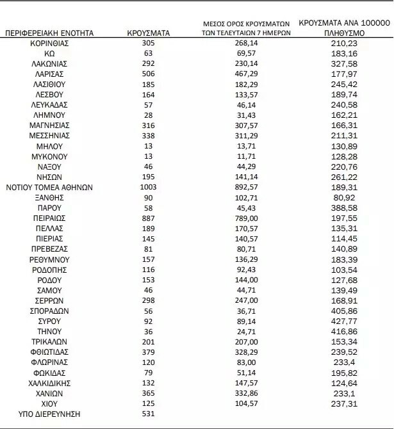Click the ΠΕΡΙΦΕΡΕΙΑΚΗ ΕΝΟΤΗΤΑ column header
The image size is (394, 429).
[x=49, y=31]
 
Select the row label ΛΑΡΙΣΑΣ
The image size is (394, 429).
[x=49, y=74]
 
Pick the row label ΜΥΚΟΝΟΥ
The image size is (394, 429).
[x=49, y=156]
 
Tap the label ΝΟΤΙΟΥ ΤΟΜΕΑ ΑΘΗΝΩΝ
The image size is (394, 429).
[x=49, y=188]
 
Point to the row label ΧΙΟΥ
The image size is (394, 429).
[x=49, y=403]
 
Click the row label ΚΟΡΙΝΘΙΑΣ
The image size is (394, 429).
[x=49, y=42]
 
